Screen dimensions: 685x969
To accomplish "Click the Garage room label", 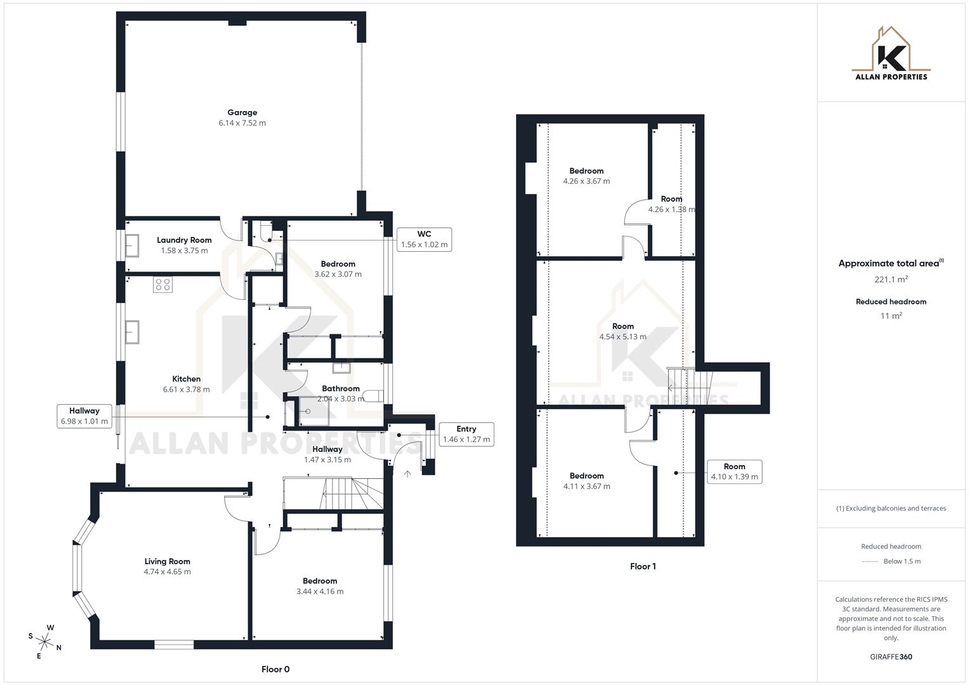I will coord(242,112).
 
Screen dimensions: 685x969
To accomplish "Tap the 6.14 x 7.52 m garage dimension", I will coord(242,123).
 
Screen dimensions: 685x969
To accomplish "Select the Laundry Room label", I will coord(184,240).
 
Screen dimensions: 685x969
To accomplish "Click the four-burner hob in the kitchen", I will coord(162,285).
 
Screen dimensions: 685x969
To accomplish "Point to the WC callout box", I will coord(424,239).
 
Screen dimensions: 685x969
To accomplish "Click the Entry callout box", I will coord(466,434).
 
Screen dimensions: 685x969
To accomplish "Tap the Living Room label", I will coord(167,561).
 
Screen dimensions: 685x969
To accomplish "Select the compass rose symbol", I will coord(45,641).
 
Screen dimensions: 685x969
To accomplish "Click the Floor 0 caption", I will coord(275,669).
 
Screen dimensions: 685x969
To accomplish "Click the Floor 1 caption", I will coord(643,566).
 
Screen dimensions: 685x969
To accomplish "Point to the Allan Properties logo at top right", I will coord(891,54).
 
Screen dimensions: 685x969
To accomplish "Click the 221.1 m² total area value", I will coord(891,279).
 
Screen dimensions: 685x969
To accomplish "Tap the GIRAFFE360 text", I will coord(891,656).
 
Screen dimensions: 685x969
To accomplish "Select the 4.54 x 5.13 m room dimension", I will coord(623,337).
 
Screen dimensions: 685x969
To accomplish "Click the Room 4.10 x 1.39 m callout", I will coord(734,471).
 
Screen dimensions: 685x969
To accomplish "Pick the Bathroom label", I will coord(341,388).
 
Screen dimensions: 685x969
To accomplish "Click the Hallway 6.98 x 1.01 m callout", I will coord(84,416).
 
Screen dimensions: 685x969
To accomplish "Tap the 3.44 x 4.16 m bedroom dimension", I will coord(320,591).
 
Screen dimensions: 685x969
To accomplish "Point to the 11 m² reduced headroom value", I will coord(891,316).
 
